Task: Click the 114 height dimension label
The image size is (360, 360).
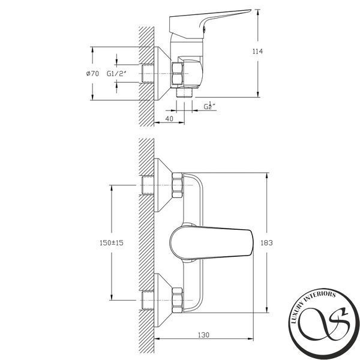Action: (257, 52)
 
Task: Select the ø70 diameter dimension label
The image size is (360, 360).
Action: (92, 73)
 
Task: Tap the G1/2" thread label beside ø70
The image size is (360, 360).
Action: (116, 74)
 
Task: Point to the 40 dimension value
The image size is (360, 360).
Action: (169, 118)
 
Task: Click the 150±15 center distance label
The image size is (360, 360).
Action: (112, 242)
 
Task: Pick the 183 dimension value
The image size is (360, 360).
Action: (266, 242)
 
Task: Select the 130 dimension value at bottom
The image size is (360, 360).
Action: (203, 335)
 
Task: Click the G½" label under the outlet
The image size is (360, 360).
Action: (210, 106)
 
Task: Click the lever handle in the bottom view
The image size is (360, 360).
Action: (211, 242)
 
